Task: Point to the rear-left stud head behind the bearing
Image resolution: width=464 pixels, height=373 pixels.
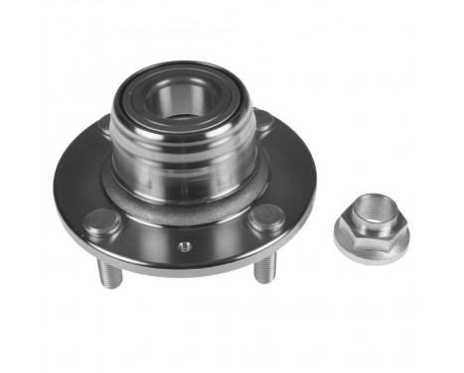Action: pos(105,126)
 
